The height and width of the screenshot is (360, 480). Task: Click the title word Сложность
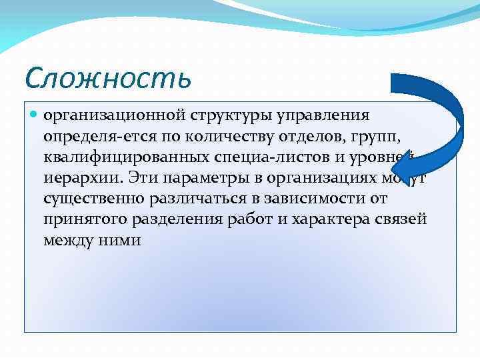tap(107, 77)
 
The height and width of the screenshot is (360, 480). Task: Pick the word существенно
tap(89, 199)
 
